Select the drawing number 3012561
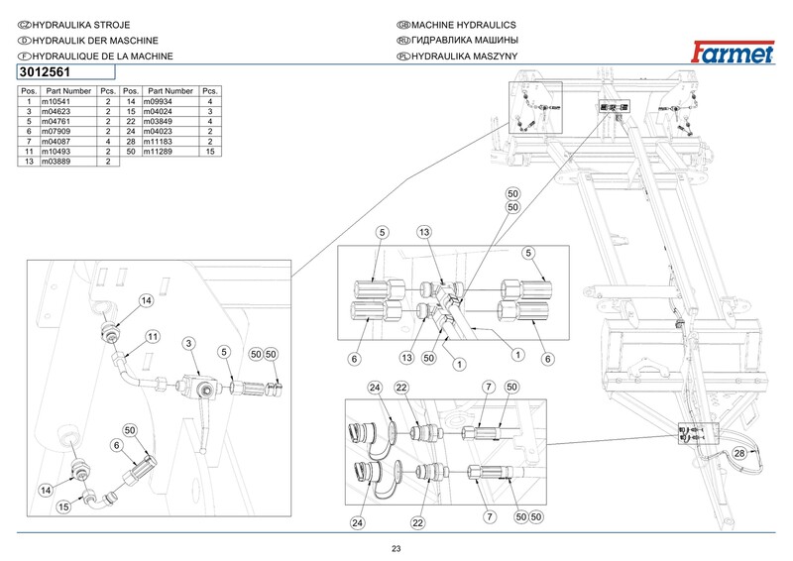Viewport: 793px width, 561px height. pyautogui.click(x=49, y=72)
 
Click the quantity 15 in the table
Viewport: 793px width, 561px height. pyautogui.click(x=209, y=152)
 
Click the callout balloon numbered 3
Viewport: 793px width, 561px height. pyautogui.click(x=187, y=343)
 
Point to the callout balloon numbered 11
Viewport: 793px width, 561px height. pyautogui.click(x=153, y=337)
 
